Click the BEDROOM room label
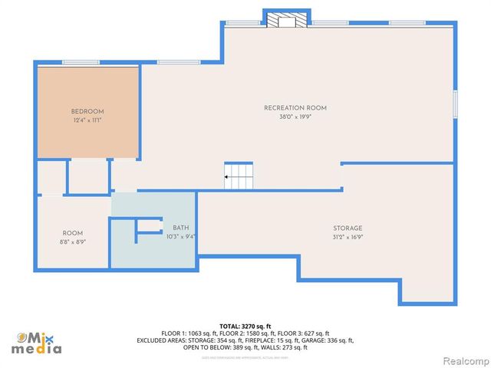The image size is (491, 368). click(87, 111)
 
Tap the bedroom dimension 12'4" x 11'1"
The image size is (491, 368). click(87, 120)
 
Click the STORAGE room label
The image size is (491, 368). click(348, 228)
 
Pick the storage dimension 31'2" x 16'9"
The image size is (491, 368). click(348, 237)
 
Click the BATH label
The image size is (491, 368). click(180, 228)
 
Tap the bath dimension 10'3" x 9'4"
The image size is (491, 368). click(180, 237)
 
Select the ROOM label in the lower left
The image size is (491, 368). click(73, 232)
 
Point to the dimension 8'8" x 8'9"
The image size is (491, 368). click(73, 242)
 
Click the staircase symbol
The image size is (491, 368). click(238, 176)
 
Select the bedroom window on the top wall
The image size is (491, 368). click(81, 62)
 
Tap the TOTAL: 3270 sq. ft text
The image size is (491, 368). click(245, 325)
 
